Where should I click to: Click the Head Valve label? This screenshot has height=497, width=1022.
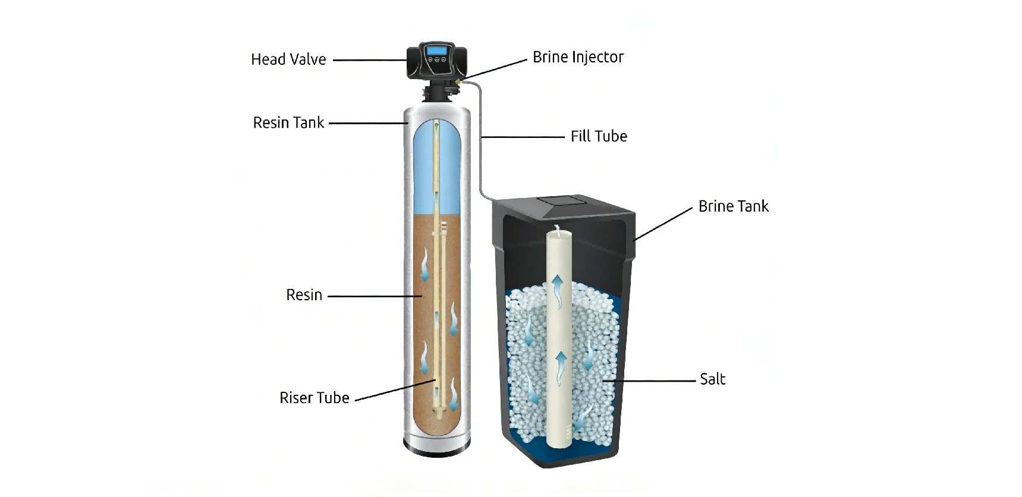(x=288, y=59)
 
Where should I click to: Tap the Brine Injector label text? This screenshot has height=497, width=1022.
(x=578, y=57)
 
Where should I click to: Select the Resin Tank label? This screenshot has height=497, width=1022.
(x=288, y=122)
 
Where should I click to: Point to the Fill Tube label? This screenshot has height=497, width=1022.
(x=599, y=136)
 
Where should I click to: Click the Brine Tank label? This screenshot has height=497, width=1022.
(x=733, y=206)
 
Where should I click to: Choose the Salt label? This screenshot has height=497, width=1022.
(x=712, y=379)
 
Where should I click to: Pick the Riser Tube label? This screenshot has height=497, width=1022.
(x=315, y=398)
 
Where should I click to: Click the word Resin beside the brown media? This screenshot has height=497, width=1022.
(x=304, y=295)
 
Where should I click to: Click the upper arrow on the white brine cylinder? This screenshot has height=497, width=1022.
(x=558, y=290)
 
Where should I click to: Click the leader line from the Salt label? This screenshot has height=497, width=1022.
(x=654, y=380)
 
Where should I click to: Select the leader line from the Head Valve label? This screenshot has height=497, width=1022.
(x=369, y=60)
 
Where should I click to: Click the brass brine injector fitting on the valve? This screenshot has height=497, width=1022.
(x=460, y=78)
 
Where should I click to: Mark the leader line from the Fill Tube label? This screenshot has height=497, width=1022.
(x=523, y=137)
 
